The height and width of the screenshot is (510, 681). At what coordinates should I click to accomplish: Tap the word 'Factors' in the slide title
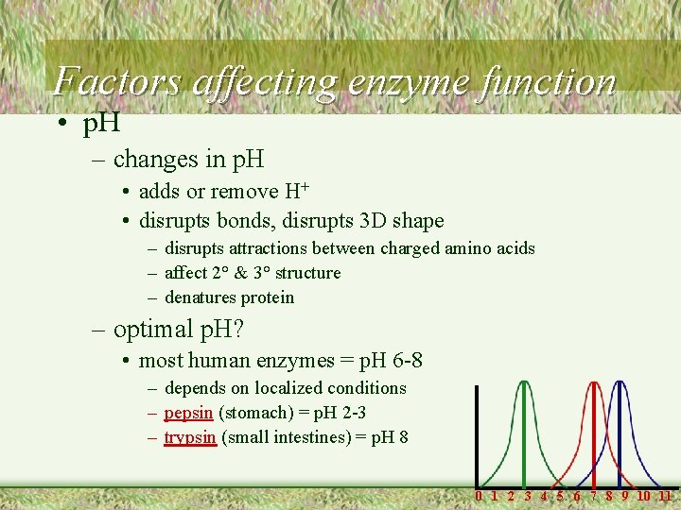pos(118,81)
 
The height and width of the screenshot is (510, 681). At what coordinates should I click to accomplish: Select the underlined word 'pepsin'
pos(189,413)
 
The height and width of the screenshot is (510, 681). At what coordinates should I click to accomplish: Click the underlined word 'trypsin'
pos(190,437)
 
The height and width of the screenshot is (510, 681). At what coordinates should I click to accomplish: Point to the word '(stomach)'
pos(255,413)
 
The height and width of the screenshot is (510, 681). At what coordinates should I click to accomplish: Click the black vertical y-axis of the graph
pos(478,434)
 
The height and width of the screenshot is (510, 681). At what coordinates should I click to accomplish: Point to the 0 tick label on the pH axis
pos(479,496)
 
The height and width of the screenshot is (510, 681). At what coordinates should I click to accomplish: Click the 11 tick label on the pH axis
pos(665,496)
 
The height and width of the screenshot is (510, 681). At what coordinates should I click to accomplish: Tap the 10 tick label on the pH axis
pos(643,496)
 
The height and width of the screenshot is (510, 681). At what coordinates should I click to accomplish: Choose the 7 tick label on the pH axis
pos(594,496)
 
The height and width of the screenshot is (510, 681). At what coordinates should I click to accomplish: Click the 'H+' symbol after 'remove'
pos(297,191)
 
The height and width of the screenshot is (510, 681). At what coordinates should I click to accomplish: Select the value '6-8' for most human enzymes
pos(404,360)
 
